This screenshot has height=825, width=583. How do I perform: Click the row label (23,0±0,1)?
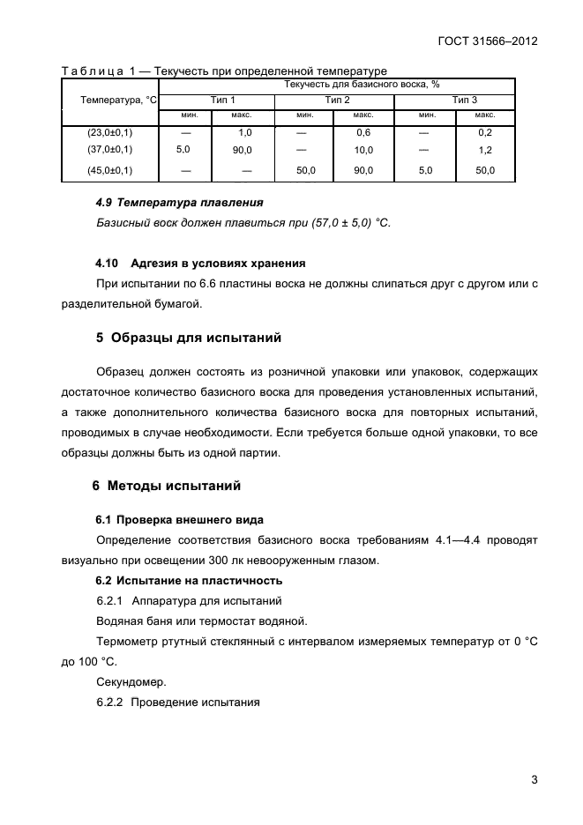109,131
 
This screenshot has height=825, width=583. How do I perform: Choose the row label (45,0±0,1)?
109,170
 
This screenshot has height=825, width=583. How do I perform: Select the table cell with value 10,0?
363,150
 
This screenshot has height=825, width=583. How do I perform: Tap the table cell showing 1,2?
485,150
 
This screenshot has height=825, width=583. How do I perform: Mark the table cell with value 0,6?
363,131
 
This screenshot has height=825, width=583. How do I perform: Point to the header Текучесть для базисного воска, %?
362,84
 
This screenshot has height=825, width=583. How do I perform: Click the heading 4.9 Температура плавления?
166,203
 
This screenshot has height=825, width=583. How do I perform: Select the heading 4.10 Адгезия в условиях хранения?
200,263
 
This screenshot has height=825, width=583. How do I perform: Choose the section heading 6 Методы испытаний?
167,485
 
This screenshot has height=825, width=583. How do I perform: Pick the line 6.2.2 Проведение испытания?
178,702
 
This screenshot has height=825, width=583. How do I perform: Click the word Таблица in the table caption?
87,71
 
